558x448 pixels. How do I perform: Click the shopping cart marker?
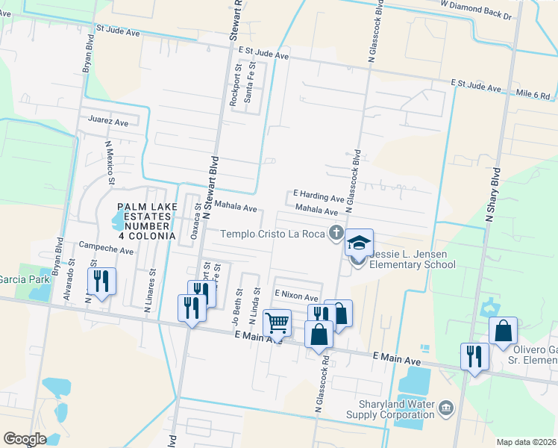[x=277, y=323]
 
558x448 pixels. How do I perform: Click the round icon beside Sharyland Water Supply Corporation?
[x=446, y=408]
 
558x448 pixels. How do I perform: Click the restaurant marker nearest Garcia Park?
[x=101, y=281]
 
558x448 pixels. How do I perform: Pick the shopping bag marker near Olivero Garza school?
[x=503, y=331]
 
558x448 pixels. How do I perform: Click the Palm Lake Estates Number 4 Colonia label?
[x=145, y=221]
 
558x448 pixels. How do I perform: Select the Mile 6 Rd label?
[x=533, y=96]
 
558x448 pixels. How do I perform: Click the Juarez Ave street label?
[x=108, y=121]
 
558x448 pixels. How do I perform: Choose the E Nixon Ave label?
[x=296, y=295]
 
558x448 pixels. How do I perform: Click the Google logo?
[x=25, y=439]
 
